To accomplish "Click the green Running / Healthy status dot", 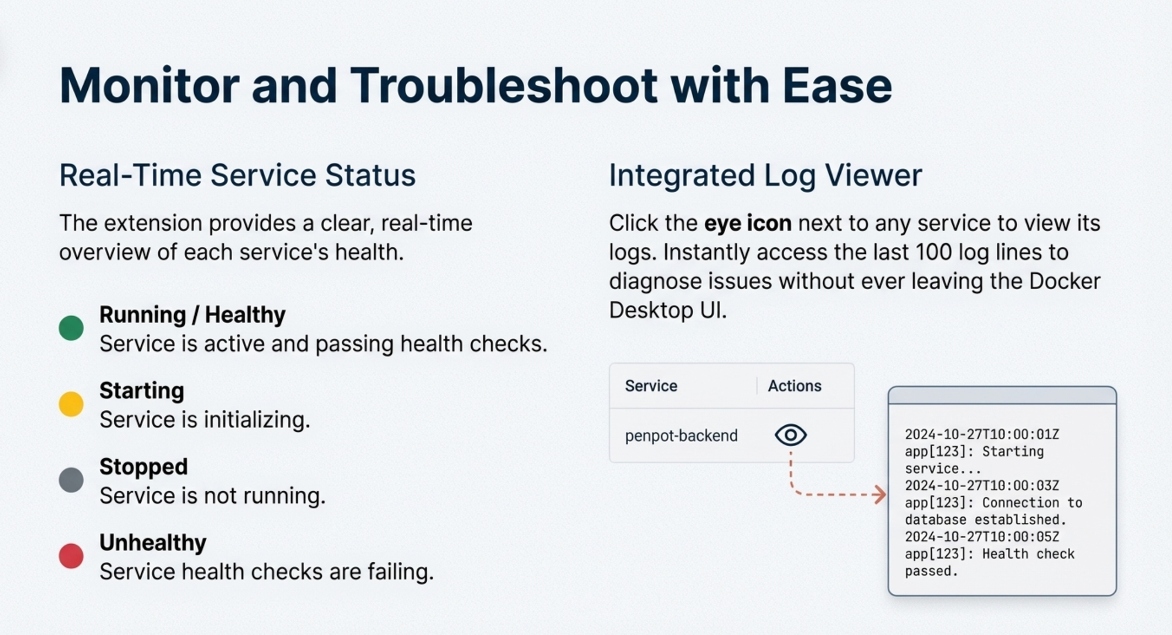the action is [71, 328].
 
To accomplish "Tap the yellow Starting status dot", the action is [71, 404].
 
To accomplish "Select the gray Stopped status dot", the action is [71, 480].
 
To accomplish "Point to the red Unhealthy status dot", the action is [71, 556].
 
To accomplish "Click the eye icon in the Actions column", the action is [791, 435].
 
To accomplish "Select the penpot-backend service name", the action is [681, 436].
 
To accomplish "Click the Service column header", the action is [651, 386].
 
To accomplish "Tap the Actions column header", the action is [795, 386].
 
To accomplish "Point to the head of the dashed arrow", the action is [884, 494].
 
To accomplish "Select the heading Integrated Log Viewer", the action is [765, 175].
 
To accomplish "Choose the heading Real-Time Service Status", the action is [237, 175].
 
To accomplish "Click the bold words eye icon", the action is [748, 223].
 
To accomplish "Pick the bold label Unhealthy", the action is [153, 543].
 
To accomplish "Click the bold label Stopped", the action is [144, 467].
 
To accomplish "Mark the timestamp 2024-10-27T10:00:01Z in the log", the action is [982, 434].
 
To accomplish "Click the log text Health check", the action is [1028, 554].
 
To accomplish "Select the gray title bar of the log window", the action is [1002, 396].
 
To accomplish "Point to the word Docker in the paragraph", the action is [1065, 281].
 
